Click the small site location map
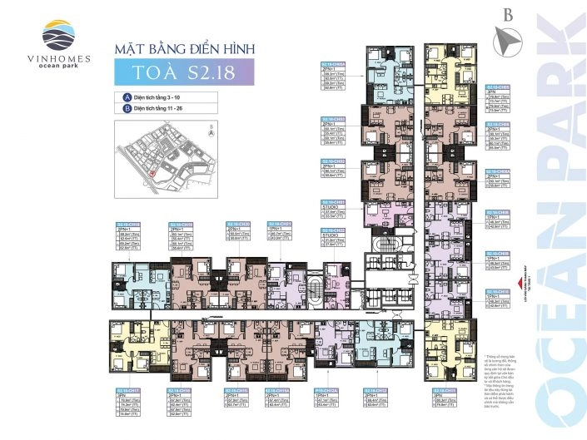166,157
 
